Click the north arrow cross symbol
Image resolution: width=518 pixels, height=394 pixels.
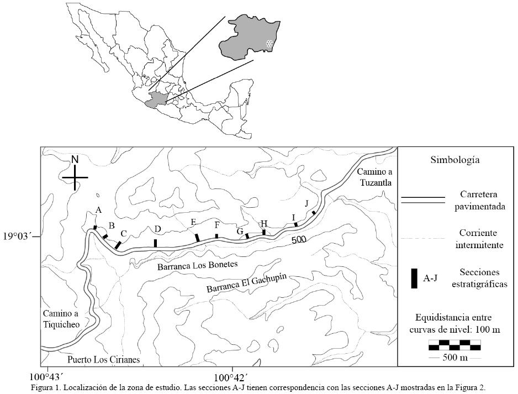pos(75,177)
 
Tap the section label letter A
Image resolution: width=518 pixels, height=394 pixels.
pos(99,210)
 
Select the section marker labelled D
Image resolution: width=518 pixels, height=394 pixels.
pos(156,243)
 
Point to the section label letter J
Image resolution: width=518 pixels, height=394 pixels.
pos(307,203)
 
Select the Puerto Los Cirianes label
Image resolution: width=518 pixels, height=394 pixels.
pos(103,360)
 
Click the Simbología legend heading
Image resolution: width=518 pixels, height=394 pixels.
pos(454,160)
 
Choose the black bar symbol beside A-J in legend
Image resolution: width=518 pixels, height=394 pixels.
pos(413,278)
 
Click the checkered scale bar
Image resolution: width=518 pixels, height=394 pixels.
pos(454,345)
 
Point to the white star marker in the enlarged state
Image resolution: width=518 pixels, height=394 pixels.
pos(269,44)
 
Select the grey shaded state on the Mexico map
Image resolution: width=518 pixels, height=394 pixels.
pos(155,101)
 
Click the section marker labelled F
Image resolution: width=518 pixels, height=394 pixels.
pos(216,236)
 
